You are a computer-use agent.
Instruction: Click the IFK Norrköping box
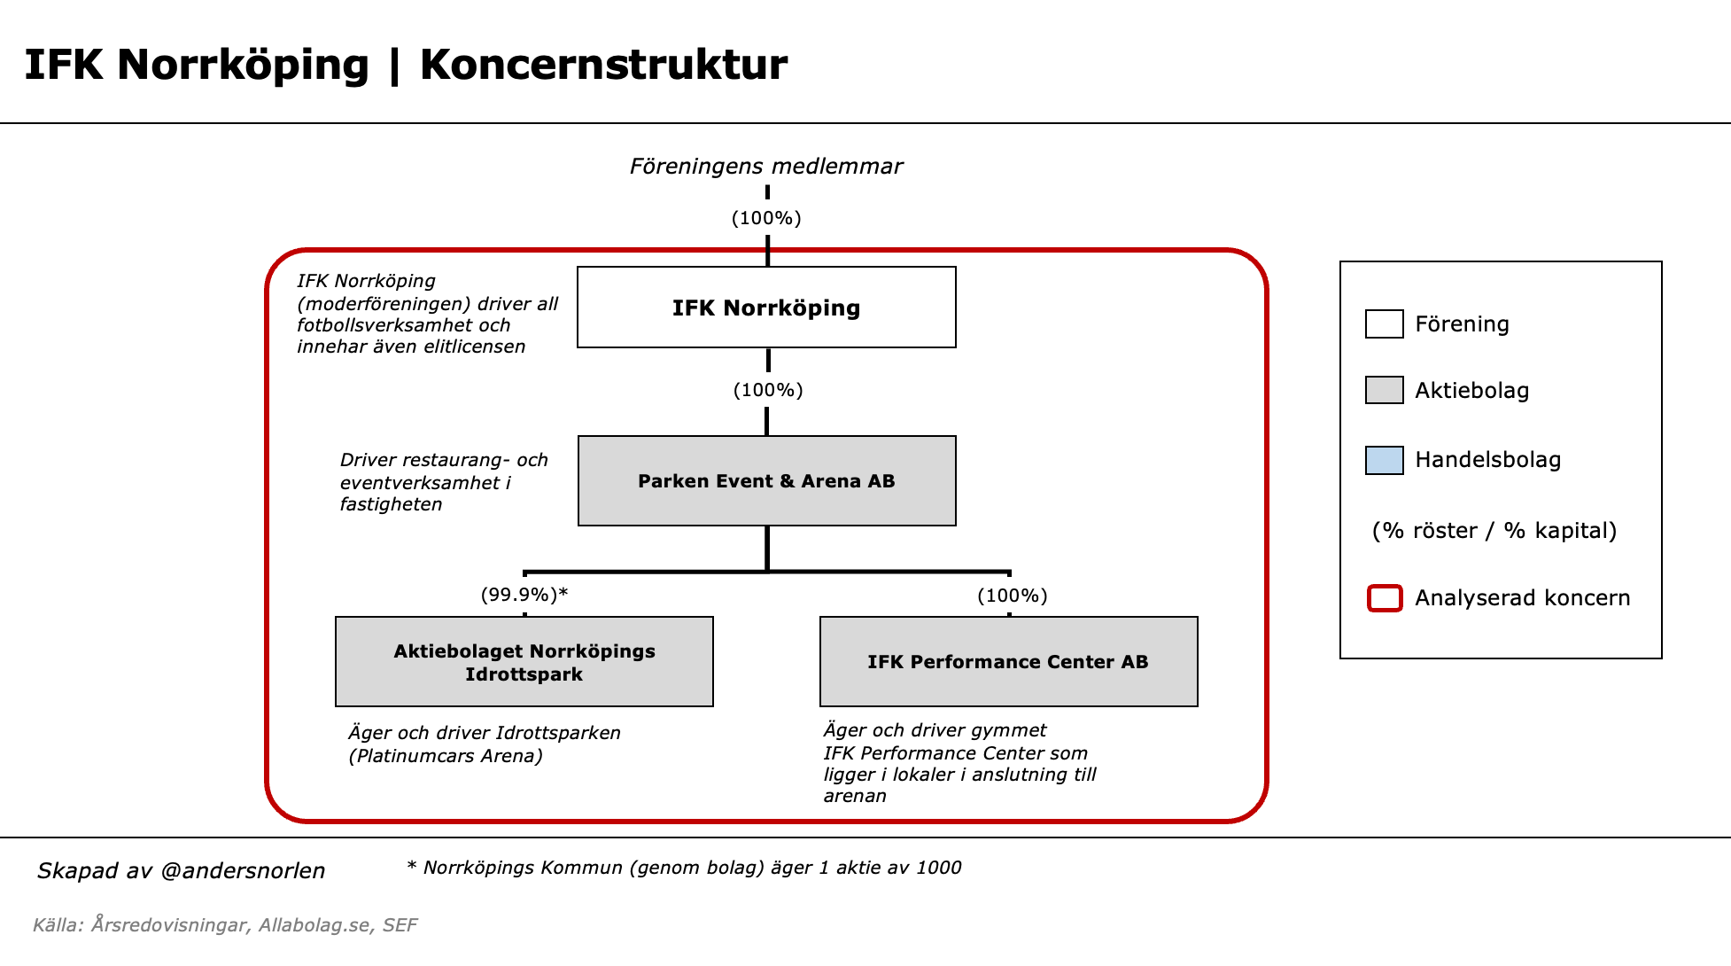[x=766, y=308]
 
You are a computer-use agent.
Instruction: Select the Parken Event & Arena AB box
[x=766, y=480]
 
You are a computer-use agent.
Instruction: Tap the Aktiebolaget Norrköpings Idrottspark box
[x=524, y=661]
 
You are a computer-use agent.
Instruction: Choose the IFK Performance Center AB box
[x=1008, y=661]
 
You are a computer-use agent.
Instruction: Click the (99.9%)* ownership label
[x=524, y=595]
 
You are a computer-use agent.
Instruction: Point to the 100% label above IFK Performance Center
[x=1012, y=596]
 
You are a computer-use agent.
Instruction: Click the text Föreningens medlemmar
[x=766, y=167]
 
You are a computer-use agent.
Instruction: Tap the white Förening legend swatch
[x=1384, y=323]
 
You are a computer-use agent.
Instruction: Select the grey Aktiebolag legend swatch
[x=1384, y=390]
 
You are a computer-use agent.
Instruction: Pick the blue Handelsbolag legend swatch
[x=1384, y=460]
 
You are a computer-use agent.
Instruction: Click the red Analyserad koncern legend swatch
[x=1385, y=598]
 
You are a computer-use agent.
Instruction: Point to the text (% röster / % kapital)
[x=1494, y=531]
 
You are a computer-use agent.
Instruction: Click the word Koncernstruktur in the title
[x=603, y=65]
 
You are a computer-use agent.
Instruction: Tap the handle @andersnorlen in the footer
[x=243, y=871]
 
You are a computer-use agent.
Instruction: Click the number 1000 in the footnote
[x=938, y=868]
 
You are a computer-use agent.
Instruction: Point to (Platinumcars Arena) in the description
[x=446, y=756]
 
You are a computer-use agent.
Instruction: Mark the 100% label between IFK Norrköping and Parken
[x=768, y=390]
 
